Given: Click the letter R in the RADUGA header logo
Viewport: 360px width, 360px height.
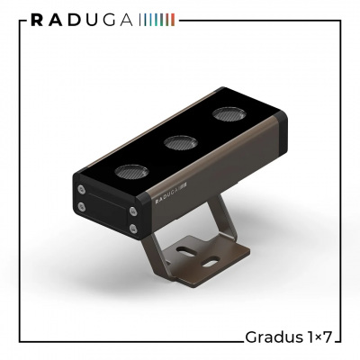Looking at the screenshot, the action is point(37,21).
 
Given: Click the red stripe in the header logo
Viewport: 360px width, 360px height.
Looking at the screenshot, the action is point(173,21).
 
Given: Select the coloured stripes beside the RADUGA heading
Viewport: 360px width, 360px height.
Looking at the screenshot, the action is point(157,21).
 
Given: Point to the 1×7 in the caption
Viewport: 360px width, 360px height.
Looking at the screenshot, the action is point(319,337).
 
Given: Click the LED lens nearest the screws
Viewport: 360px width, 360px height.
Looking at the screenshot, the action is point(131,172).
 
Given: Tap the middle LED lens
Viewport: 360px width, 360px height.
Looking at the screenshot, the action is point(181,143).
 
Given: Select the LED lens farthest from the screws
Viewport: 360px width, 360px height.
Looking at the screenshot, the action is point(229,114).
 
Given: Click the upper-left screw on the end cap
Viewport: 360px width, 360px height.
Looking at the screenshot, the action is point(81,189).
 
